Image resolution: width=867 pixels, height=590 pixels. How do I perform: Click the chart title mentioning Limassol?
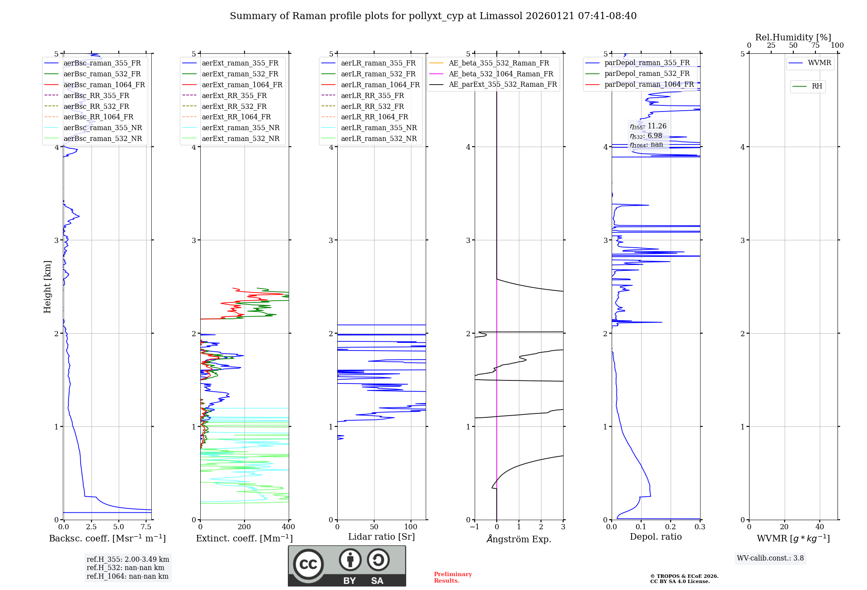(433, 16)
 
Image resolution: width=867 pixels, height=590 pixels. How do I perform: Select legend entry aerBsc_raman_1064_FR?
(104, 85)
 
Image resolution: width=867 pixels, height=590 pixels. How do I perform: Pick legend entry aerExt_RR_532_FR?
(234, 106)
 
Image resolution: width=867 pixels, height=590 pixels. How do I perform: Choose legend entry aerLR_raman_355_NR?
(378, 128)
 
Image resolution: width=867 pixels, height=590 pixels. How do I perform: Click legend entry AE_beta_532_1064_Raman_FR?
(501, 74)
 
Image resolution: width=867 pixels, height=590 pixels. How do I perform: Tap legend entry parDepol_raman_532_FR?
(647, 74)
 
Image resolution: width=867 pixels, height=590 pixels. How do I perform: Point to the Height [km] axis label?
(47, 287)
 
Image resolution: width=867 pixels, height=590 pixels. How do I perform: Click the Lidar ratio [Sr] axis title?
(381, 537)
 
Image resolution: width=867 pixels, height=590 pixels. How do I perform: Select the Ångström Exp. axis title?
(519, 539)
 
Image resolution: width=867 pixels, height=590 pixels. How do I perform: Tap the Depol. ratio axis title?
(655, 537)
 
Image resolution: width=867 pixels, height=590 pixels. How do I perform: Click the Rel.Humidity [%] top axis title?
(793, 37)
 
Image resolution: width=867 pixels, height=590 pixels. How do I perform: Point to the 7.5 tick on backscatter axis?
(146, 527)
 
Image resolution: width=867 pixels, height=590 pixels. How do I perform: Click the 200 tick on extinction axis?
(244, 527)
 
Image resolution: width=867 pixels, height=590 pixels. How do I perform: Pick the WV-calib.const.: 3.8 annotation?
(770, 558)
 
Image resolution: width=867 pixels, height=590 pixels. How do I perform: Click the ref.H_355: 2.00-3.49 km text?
(128, 559)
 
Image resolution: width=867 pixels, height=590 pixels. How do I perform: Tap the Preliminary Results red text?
(453, 577)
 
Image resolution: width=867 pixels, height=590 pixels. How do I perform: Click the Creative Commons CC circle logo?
(308, 564)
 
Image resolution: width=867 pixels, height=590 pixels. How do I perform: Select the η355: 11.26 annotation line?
(648, 126)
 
